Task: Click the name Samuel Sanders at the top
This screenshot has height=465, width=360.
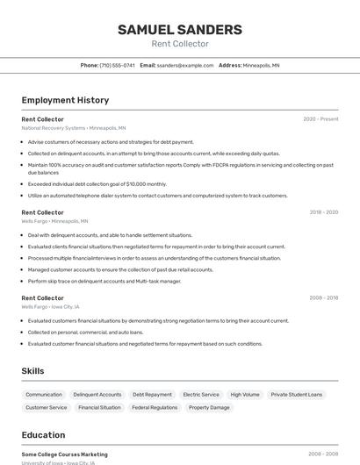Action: [180, 30]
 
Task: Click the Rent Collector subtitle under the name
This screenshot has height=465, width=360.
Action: [180, 44]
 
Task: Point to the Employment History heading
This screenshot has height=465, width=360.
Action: [65, 100]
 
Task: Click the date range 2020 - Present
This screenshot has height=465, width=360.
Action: [320, 119]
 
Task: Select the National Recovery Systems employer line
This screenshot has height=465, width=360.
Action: [73, 128]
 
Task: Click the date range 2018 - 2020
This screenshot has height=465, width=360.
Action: [324, 212]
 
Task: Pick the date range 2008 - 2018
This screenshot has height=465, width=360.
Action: [323, 298]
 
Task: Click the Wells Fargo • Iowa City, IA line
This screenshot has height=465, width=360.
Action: [50, 307]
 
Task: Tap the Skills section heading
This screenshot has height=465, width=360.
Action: [33, 371]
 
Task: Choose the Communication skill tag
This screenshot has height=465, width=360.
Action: [44, 395]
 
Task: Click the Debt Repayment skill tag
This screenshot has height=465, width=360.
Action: [152, 395]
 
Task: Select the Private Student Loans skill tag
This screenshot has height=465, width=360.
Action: [297, 395]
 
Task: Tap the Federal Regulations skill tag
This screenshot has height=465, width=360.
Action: [155, 408]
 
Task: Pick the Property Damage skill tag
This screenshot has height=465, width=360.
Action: [209, 408]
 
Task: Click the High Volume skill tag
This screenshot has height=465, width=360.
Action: [245, 395]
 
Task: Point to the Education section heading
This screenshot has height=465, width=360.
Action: [43, 435]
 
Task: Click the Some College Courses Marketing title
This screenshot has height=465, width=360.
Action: [64, 454]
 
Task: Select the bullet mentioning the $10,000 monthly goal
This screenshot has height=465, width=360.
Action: [97, 184]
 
